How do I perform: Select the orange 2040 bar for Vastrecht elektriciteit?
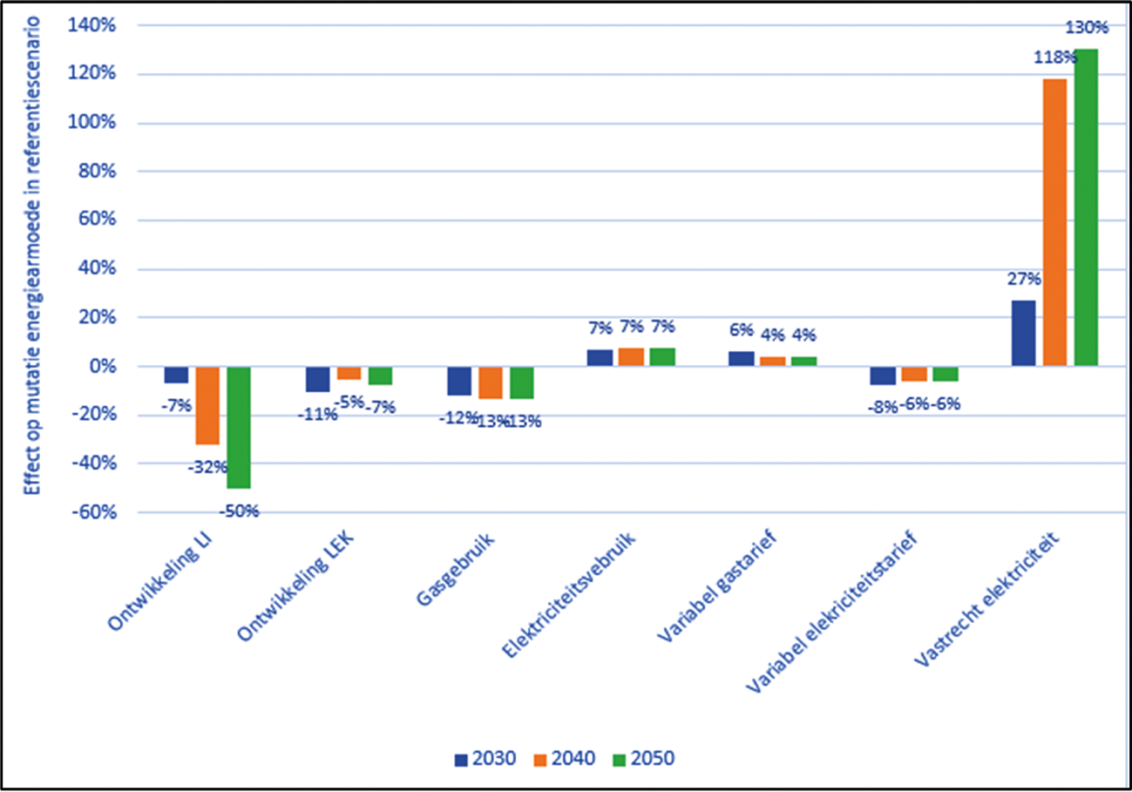click(x=1054, y=222)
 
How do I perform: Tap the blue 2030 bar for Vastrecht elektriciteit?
click(x=1023, y=333)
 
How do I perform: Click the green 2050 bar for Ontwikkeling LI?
click(x=239, y=427)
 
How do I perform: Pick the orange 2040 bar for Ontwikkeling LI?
click(x=207, y=405)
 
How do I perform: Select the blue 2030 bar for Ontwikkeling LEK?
click(x=317, y=379)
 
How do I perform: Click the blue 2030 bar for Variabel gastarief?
click(x=741, y=359)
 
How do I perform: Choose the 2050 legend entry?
click(x=644, y=758)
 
